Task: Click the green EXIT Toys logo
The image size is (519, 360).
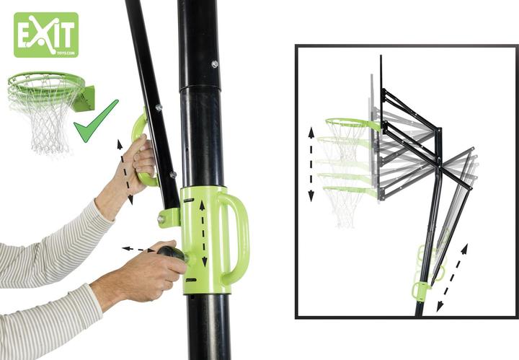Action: (x=46, y=35)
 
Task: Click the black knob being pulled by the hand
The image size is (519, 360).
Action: (x=172, y=253)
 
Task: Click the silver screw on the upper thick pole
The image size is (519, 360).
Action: (x=215, y=64)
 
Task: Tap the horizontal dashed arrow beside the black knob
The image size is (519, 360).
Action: (x=138, y=249)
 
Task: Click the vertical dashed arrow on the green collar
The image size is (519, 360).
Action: (x=203, y=234)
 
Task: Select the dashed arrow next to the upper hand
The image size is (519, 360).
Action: (x=125, y=172)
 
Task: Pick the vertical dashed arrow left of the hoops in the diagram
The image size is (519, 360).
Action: (x=311, y=164)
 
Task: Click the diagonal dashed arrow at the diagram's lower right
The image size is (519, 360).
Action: (x=452, y=278)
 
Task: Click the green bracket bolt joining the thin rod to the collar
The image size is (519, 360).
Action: (x=161, y=219)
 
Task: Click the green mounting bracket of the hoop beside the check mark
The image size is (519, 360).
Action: (x=85, y=98)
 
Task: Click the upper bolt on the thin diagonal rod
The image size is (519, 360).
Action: (x=159, y=107)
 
